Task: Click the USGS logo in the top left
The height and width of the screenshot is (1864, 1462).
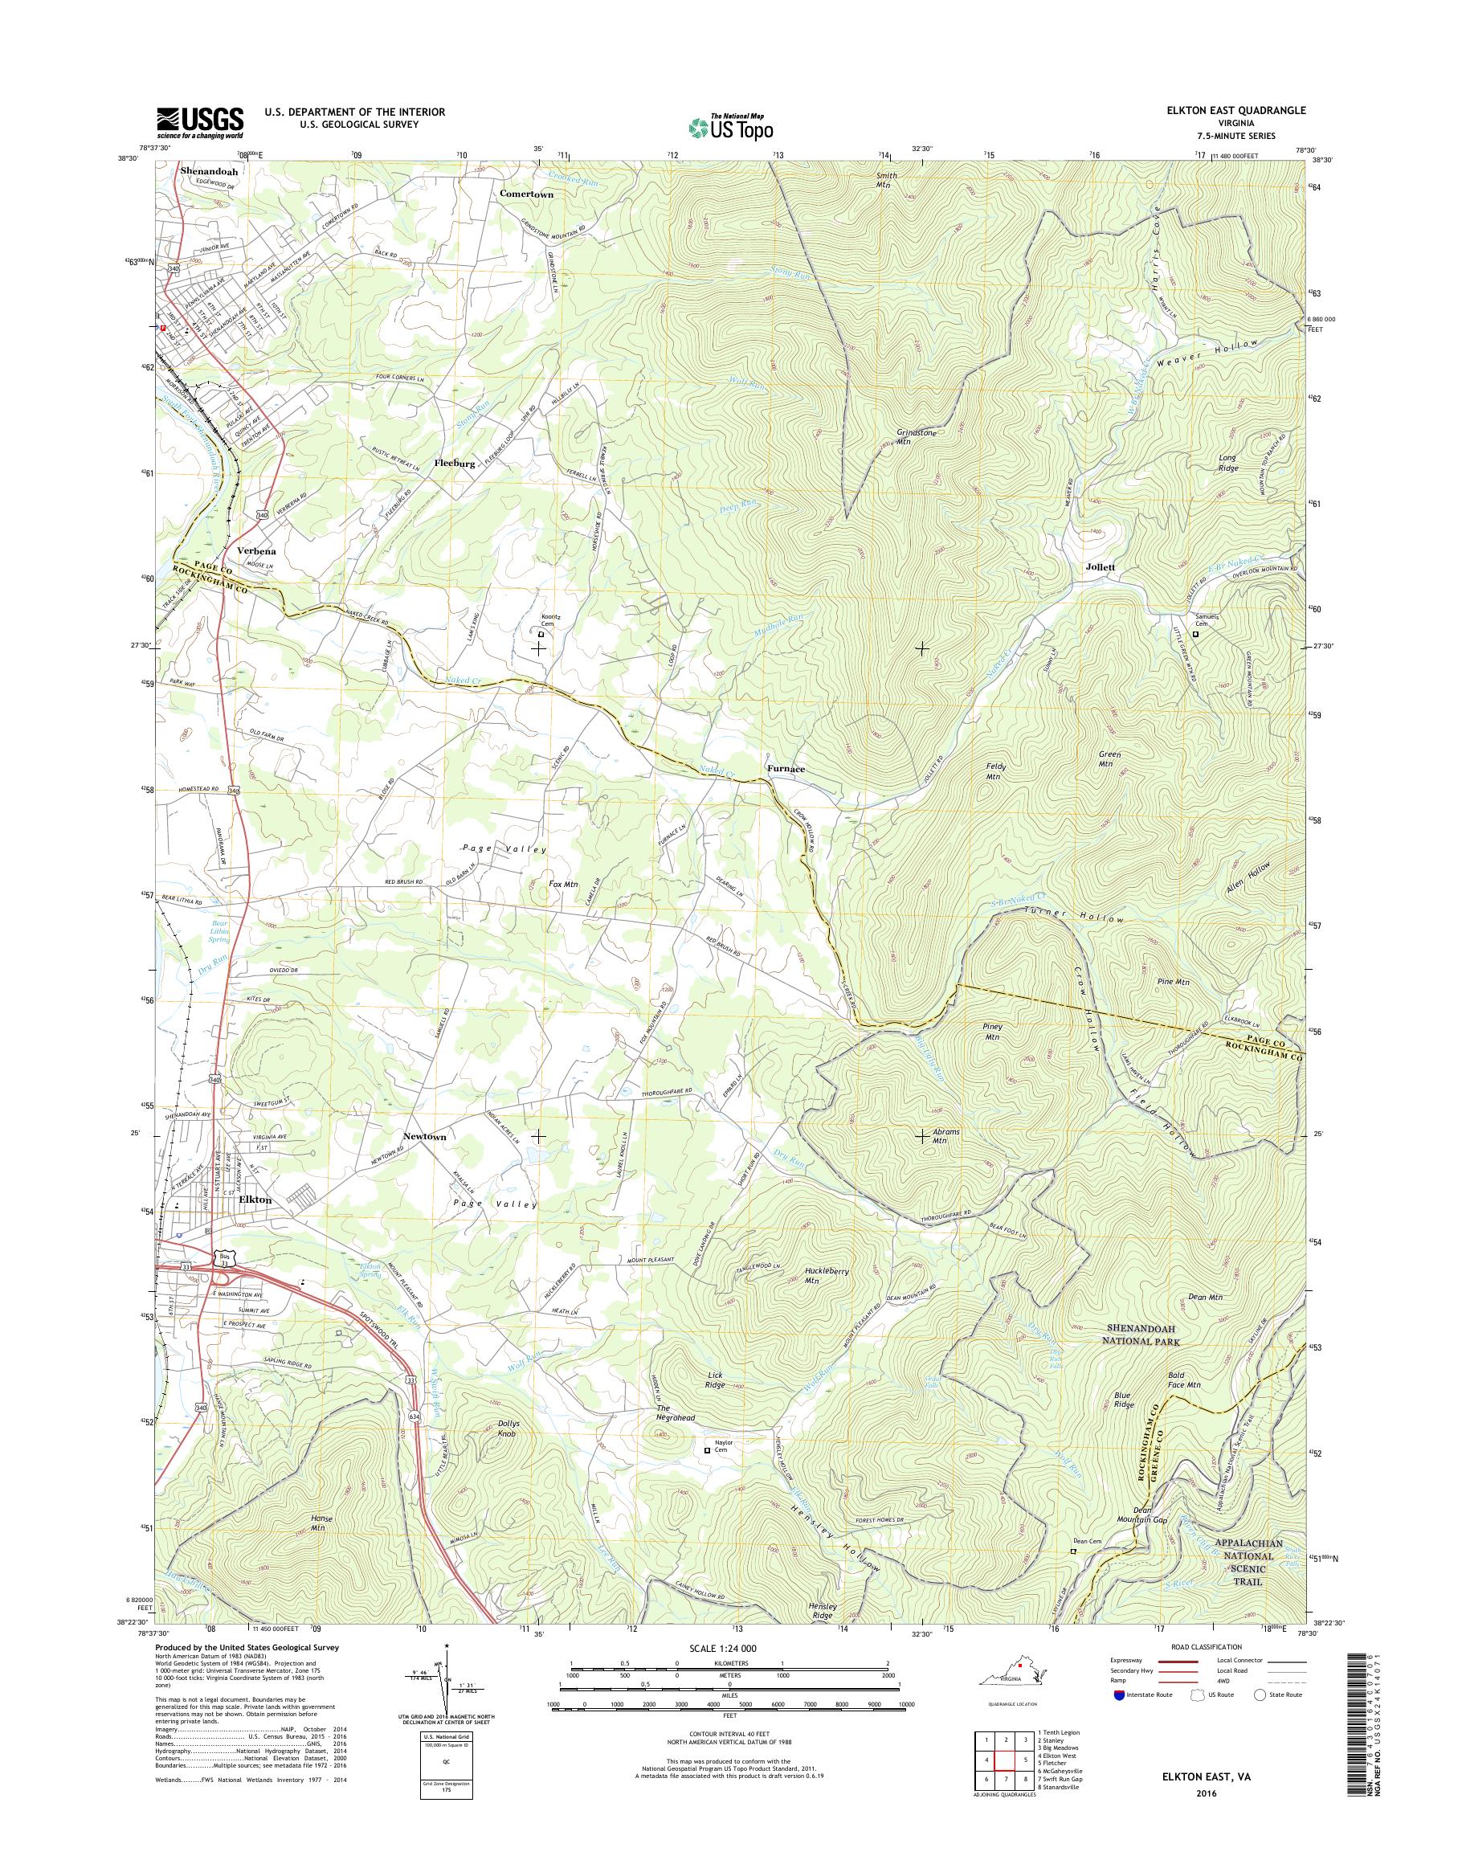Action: [199, 122]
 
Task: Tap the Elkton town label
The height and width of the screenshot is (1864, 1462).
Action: [255, 1200]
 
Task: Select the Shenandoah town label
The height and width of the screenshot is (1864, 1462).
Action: [209, 170]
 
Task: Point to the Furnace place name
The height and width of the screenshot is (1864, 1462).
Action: [785, 769]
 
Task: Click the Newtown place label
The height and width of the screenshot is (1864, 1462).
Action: [426, 1136]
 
